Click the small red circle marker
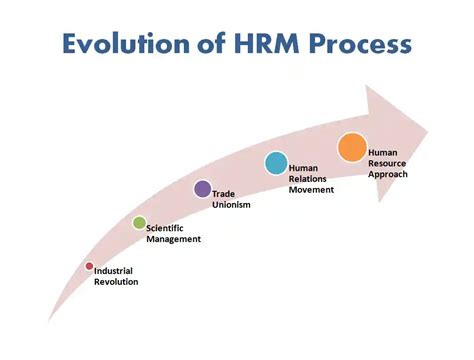[89, 266]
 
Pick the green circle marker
[139, 222]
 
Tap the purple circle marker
[202, 189]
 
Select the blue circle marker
[276, 162]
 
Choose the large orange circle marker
[352, 148]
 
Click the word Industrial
[114, 271]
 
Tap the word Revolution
[116, 282]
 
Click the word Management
[174, 239]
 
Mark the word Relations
[309, 177]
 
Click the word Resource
[388, 162]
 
